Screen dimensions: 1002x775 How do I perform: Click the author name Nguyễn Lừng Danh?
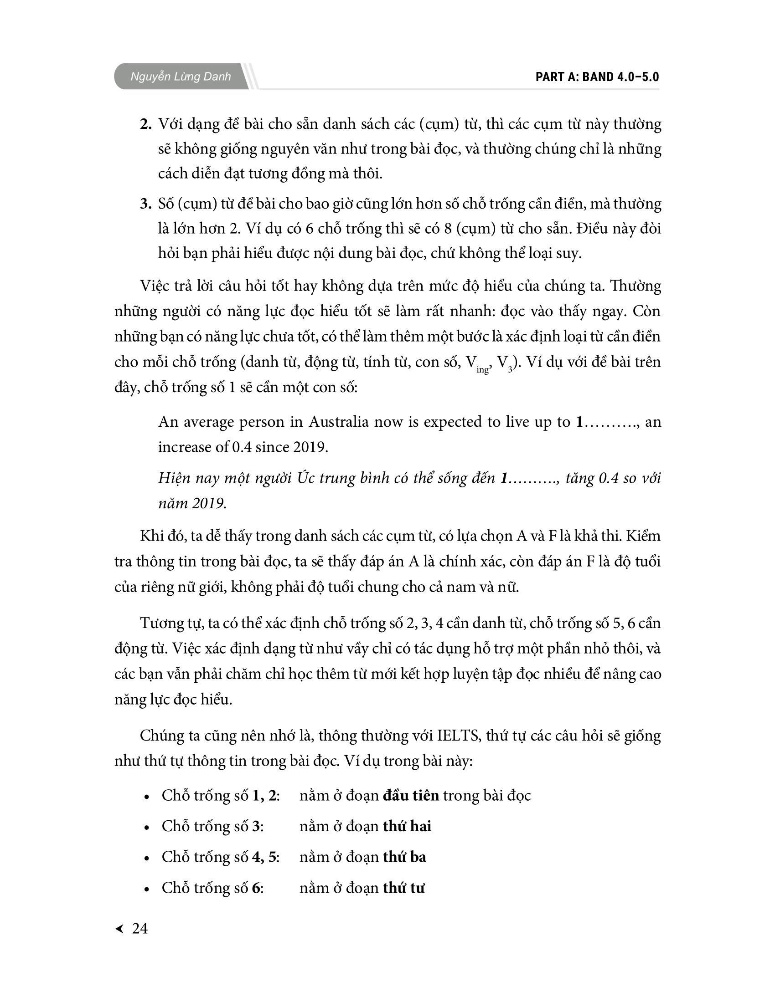[181, 77]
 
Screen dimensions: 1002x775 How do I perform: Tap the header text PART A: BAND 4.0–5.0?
[597, 77]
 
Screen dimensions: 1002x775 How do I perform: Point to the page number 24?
[139, 928]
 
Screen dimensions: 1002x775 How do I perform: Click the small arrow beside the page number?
[119, 929]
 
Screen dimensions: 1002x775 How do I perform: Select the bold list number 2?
[145, 124]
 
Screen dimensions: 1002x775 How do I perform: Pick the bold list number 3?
[145, 204]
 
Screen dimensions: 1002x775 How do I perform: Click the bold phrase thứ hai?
[407, 826]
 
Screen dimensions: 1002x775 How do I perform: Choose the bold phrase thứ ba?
[404, 857]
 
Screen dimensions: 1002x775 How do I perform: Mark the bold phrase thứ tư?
[403, 888]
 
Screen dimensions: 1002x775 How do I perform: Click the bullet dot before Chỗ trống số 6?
[146, 889]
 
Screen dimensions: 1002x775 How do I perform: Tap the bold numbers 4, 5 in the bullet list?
[265, 857]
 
